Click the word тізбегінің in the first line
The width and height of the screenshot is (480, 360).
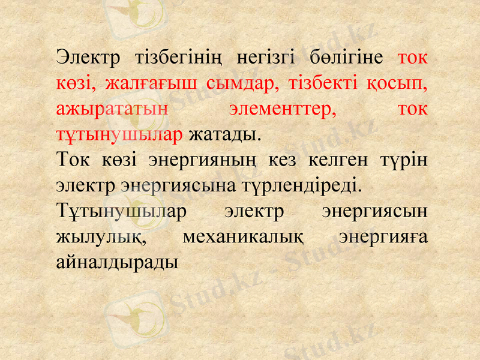[179, 59]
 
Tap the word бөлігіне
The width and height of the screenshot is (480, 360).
[347, 59]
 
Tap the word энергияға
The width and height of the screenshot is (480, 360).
[382, 237]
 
